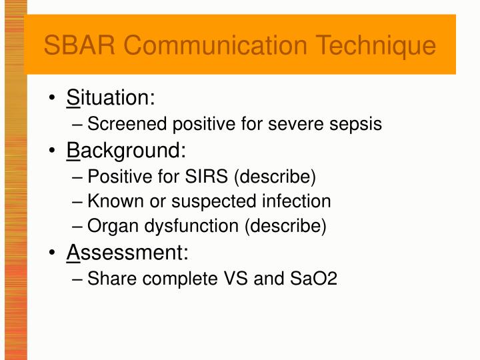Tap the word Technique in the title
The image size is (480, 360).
376,46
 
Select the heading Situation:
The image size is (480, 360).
111,98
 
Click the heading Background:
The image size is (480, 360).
126,151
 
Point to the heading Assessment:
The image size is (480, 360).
127,253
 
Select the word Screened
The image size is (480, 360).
128,124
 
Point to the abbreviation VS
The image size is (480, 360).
235,278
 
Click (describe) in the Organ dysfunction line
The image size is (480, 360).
286,227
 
